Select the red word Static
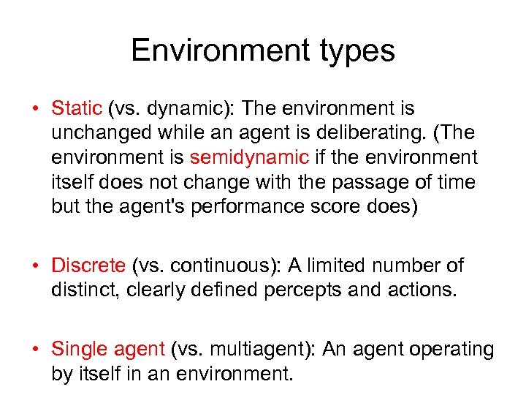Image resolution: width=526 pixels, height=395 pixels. pyautogui.click(x=77, y=109)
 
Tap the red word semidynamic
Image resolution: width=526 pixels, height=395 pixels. pyautogui.click(x=249, y=157)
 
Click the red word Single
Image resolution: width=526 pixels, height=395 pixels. pyautogui.click(x=80, y=350)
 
